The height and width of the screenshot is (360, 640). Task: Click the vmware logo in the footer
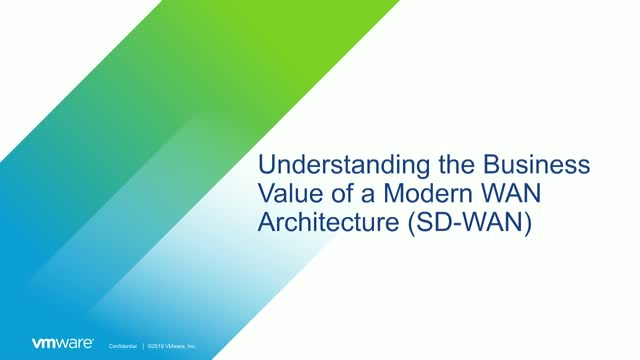click(63, 343)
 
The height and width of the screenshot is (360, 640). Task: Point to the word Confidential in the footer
click(124, 344)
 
